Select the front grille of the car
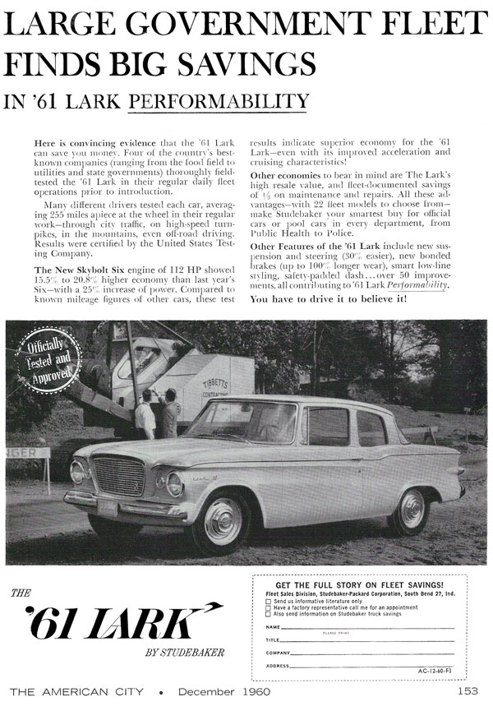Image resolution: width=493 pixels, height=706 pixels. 120,476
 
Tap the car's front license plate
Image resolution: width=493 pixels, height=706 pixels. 107,506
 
